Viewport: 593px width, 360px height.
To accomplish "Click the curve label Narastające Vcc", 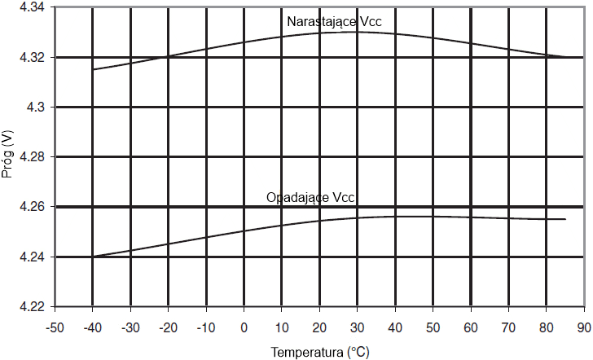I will pyautogui.click(x=335, y=21).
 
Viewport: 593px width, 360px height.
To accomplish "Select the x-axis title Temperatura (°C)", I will pyautogui.click(x=320, y=352).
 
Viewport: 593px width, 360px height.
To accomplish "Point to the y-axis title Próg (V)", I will pyautogui.click(x=9, y=157).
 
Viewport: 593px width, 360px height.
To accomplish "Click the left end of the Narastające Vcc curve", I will pyautogui.click(x=93, y=69).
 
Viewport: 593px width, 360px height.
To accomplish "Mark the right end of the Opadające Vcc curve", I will pyautogui.click(x=565, y=219).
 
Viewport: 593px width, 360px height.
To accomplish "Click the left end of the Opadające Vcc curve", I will pyautogui.click(x=93, y=257).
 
